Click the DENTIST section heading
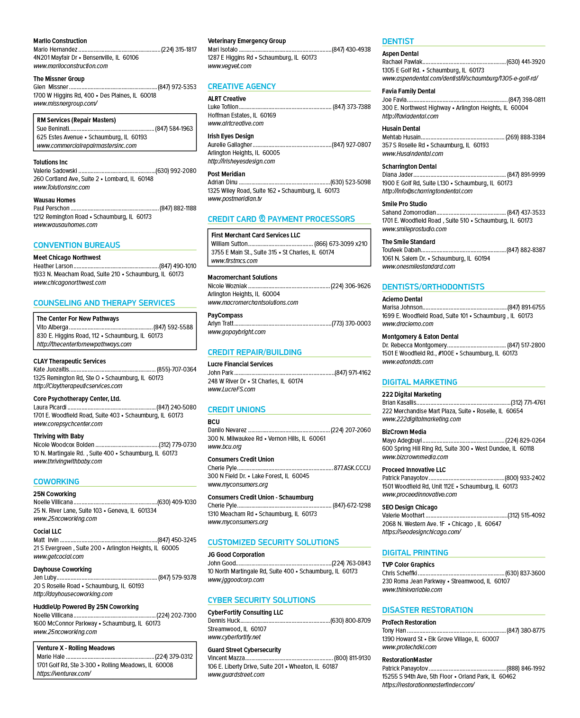[x=398, y=41]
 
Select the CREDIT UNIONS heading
[x=236, y=409]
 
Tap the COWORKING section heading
[x=56, y=482]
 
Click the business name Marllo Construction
[x=60, y=41]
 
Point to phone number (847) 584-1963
[x=174, y=128]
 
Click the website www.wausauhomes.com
[x=65, y=225]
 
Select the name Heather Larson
[x=53, y=266]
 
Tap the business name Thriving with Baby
[x=59, y=436]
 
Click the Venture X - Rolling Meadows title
[x=75, y=648]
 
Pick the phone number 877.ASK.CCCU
[x=352, y=468]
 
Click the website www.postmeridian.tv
[x=235, y=199]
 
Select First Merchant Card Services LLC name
[x=255, y=235]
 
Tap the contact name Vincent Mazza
[x=226, y=658]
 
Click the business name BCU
[x=213, y=422]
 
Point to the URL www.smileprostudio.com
[x=414, y=229]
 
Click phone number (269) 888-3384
[x=525, y=137]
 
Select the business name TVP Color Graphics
[x=408, y=564]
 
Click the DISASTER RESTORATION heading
[x=427, y=610]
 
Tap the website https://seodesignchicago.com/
[x=421, y=532]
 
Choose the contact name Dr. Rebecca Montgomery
[x=414, y=345]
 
